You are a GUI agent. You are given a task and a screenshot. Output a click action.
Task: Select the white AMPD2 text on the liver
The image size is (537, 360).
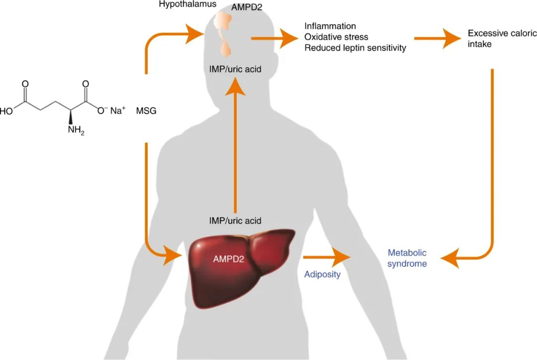click(x=228, y=259)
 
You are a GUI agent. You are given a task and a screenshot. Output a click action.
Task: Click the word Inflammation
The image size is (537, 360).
click(x=330, y=26)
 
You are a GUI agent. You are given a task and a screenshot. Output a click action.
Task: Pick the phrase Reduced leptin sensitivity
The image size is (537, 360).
click(x=355, y=48)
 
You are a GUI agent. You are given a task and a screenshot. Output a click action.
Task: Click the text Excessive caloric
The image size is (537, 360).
click(x=502, y=34)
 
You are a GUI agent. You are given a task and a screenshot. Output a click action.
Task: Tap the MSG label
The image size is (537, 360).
click(x=146, y=111)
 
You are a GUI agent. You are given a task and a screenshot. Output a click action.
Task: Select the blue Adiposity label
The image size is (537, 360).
click(x=322, y=274)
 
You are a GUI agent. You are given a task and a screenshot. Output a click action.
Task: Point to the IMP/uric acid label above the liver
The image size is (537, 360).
click(x=235, y=220)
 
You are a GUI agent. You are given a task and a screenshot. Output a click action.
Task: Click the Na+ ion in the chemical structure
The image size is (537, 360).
click(x=118, y=110)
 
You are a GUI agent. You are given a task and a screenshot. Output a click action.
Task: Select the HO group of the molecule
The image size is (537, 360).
click(x=7, y=111)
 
